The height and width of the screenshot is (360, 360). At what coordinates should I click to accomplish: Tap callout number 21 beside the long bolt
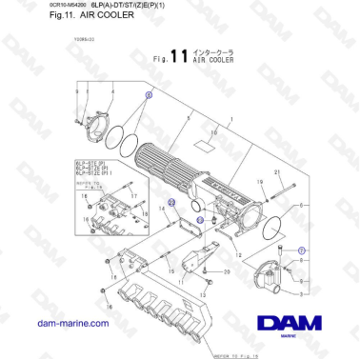pyautogui.click(x=277, y=172)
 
